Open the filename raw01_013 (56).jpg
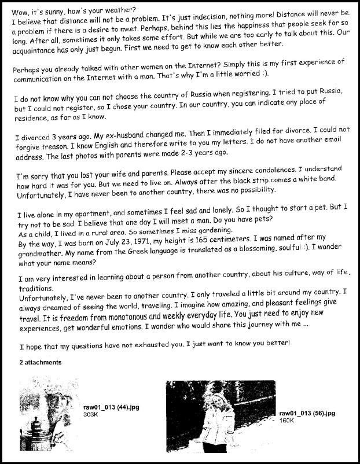(x=307, y=413)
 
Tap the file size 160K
(x=288, y=420)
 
